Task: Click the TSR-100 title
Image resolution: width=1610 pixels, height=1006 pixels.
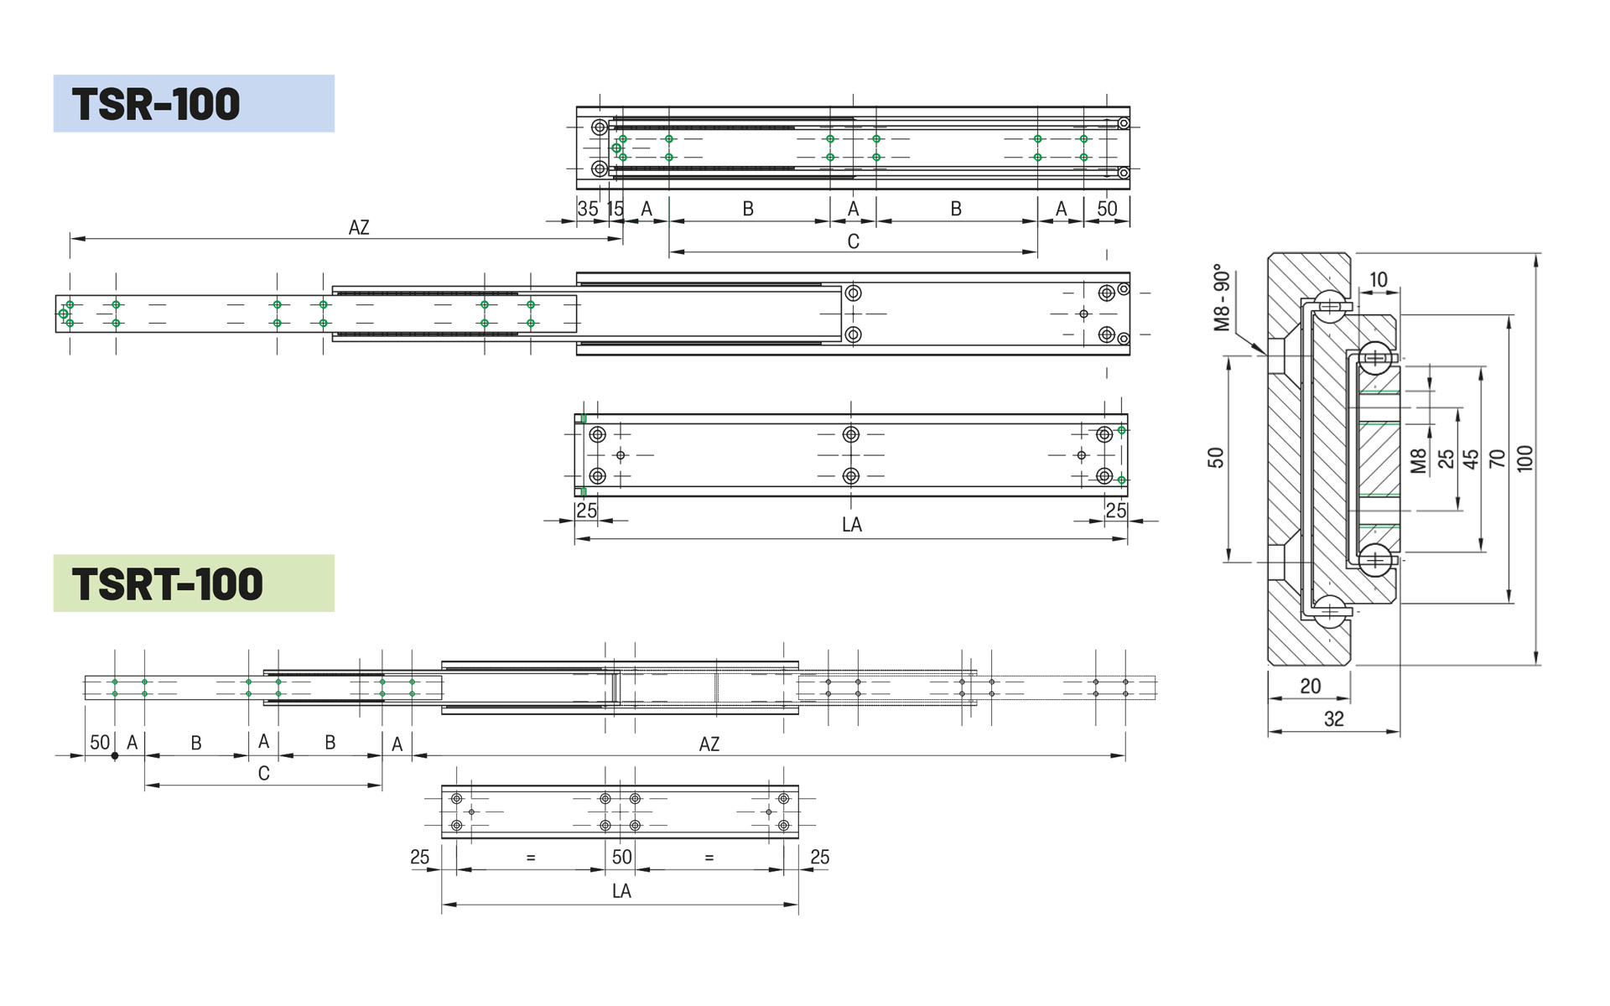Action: pos(156,105)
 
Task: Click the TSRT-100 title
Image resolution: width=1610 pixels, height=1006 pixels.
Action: pos(168,584)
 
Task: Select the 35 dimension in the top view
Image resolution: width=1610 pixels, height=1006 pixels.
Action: pos(588,209)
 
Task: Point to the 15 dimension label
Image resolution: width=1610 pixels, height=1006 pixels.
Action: pos(615,209)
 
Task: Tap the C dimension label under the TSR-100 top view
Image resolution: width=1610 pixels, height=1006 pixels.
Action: pos(854,241)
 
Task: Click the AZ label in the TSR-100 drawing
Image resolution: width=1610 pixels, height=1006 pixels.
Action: pos(359,227)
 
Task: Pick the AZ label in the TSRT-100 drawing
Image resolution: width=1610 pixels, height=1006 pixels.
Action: pos(709,744)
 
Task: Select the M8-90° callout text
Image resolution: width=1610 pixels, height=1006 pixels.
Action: pos(1222,298)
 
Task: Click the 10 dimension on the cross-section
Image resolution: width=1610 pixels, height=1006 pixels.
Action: pos(1379,279)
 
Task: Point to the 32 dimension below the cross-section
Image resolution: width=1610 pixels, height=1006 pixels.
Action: pos(1334,718)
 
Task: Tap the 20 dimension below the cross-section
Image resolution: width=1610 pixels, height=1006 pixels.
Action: pos(1311,686)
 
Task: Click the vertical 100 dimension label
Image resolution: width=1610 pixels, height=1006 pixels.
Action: pos(1524,458)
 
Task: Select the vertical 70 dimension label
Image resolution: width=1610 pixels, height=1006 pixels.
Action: pos(1498,458)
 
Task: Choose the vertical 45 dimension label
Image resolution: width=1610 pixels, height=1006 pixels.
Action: pos(1471,459)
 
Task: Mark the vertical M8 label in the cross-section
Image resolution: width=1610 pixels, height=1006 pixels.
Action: pos(1418,461)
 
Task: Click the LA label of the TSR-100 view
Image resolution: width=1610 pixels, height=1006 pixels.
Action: pos(852,525)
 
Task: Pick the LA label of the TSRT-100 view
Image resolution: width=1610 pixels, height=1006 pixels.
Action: pos(621,891)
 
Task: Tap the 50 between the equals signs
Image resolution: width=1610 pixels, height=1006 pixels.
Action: pos(621,857)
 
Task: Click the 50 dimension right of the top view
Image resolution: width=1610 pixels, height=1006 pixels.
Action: pos(1107,209)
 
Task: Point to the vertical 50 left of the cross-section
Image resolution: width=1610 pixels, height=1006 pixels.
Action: pos(1216,458)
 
